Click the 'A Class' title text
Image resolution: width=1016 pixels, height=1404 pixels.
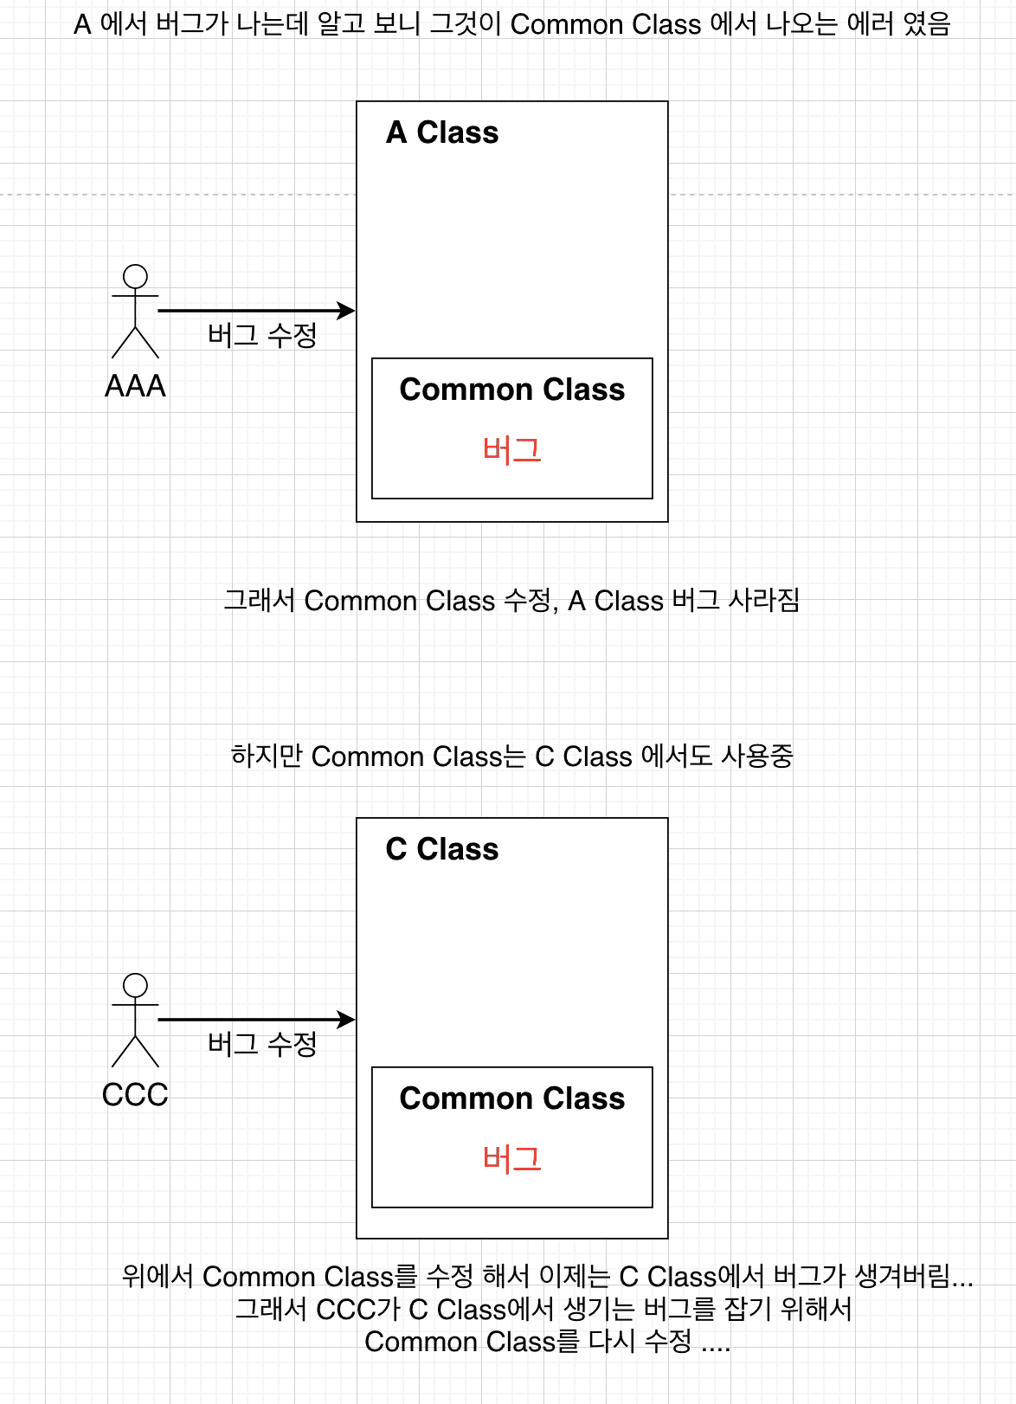pyautogui.click(x=442, y=132)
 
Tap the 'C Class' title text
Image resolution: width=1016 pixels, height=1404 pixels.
pyautogui.click(x=442, y=849)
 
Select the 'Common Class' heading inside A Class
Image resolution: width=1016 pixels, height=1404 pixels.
pyautogui.click(x=511, y=390)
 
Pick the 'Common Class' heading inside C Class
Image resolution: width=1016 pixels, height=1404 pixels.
pyautogui.click(x=511, y=1098)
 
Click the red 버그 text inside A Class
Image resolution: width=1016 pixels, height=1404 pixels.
pyautogui.click(x=511, y=450)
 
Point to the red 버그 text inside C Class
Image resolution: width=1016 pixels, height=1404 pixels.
pyautogui.click(x=511, y=1159)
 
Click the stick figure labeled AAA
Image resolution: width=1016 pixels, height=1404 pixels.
pyautogui.click(x=135, y=312)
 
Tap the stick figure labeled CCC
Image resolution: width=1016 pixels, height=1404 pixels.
pyautogui.click(x=135, y=1021)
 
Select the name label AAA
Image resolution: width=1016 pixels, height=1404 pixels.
pyautogui.click(x=135, y=386)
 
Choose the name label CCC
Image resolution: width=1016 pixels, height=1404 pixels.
pyautogui.click(x=135, y=1095)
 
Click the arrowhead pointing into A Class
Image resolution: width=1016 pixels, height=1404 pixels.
pyautogui.click(x=347, y=310)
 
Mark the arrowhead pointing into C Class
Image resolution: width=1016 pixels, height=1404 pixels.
pyautogui.click(x=347, y=1019)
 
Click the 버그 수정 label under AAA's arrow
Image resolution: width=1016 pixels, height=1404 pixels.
pyautogui.click(x=262, y=335)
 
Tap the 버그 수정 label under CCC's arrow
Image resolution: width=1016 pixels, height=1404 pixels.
pyautogui.click(x=262, y=1044)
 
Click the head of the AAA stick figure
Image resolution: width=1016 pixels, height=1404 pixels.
pyautogui.click(x=135, y=276)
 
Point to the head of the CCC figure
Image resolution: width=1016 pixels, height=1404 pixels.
pyautogui.click(x=135, y=985)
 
